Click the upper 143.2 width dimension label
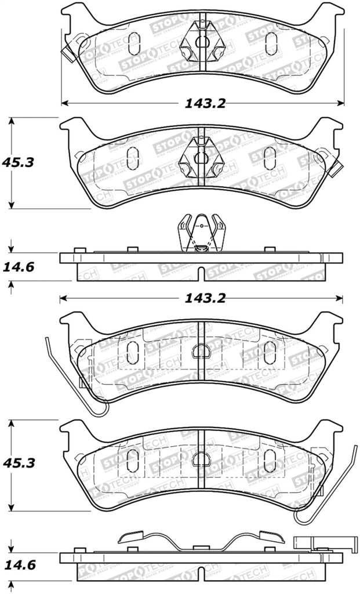[205, 104]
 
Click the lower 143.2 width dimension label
[205, 299]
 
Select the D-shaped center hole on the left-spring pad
[201, 350]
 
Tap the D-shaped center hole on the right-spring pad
[201, 458]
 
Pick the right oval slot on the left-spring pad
[270, 352]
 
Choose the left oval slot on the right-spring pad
[133, 459]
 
